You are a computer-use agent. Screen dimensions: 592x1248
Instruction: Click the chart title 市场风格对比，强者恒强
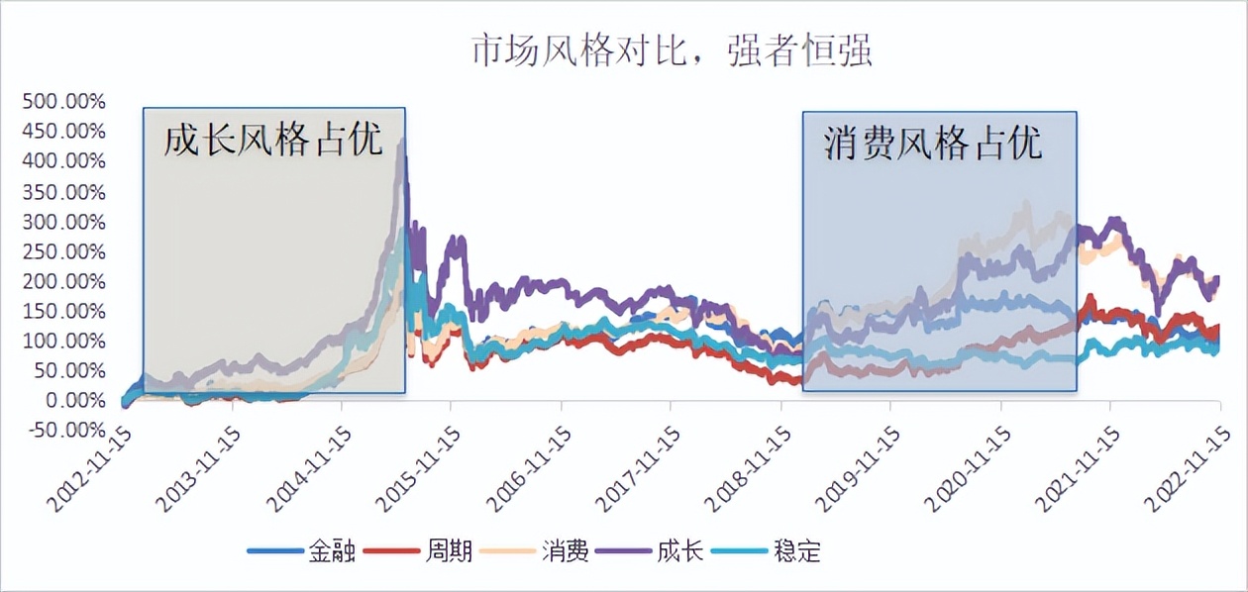pos(672,50)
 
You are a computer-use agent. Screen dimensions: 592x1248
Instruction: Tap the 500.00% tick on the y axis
pos(64,102)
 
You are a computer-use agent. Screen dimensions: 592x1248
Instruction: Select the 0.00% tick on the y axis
pos(71,400)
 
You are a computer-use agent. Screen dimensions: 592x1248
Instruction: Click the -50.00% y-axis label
pos(64,430)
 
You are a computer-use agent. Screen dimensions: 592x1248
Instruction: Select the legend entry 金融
pos(308,550)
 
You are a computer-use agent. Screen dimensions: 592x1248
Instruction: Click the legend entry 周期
pos(426,550)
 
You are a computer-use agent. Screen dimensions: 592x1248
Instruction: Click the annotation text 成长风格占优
pos(272,140)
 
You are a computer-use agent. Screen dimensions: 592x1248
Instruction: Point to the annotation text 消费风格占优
pos(933,144)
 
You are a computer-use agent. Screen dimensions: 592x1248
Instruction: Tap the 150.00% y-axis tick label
pos(64,311)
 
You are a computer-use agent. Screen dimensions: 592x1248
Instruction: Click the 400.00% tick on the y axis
pos(64,161)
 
